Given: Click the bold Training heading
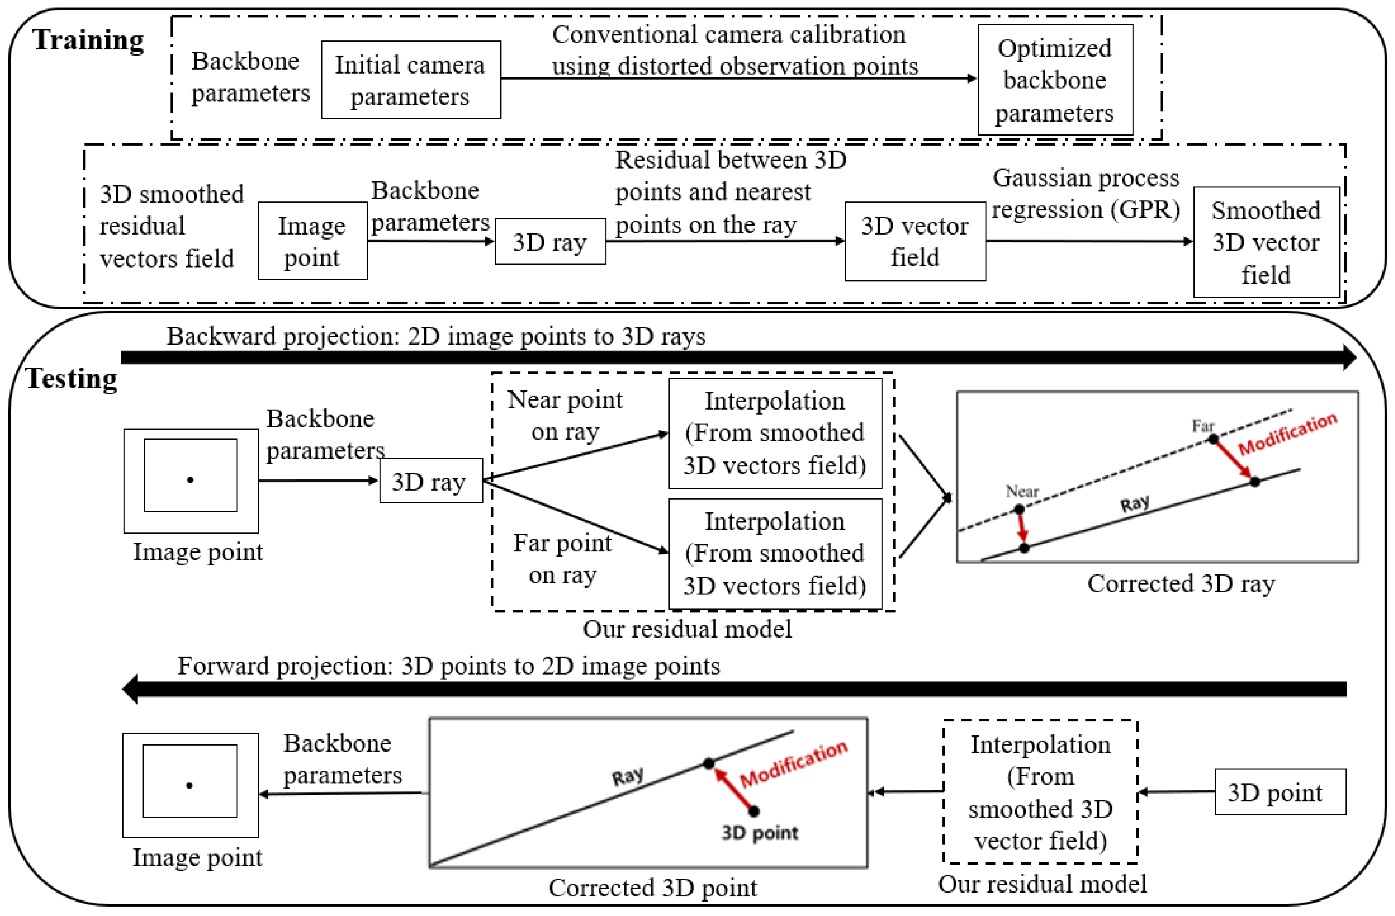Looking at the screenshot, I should coord(88,40).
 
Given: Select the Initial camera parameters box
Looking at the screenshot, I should coord(410,80).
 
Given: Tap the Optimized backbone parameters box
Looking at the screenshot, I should coord(1054,80).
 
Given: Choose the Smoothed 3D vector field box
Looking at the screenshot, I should coord(1265,242).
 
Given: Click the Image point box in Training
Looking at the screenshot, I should coord(313,241).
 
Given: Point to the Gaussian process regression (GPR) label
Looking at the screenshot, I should coord(1085,193).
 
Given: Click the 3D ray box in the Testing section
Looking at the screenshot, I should coord(431,481).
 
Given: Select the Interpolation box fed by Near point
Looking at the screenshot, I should coord(775,433).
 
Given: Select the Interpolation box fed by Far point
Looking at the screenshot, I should coord(775,554).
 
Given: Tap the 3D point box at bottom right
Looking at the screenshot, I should coord(1279,792).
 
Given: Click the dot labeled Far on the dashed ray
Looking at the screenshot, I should coord(1213,438).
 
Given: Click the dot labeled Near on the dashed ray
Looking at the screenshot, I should coord(1019,509).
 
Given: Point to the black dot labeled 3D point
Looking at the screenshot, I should coord(754,811).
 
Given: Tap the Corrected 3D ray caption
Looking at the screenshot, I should coord(1181,583).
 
